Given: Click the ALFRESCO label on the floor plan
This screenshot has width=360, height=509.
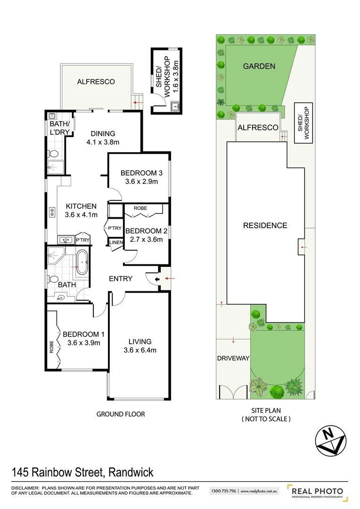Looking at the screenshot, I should click(96, 82).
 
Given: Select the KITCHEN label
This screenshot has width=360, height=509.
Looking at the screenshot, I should click(81, 206).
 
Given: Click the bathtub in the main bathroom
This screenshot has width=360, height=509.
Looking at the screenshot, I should click(82, 263).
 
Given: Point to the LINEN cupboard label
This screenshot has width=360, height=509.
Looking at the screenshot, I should click(116, 243).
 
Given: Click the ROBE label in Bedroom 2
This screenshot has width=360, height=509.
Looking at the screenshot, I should click(140, 208).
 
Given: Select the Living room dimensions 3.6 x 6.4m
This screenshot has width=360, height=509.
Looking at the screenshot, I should click(140, 350).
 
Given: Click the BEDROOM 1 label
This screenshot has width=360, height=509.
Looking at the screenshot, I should click(83, 334).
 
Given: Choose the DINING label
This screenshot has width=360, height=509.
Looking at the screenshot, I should click(103, 133).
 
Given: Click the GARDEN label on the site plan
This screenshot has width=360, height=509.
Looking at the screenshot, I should click(259, 66).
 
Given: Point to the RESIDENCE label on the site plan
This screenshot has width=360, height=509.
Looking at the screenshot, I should click(265, 225).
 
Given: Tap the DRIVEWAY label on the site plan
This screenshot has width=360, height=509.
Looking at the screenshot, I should click(233, 359).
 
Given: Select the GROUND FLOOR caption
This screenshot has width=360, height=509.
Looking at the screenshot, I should click(121, 414).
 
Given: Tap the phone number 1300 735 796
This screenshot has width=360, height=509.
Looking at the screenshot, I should click(223, 491).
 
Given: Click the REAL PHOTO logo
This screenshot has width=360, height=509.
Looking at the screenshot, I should click(316, 492).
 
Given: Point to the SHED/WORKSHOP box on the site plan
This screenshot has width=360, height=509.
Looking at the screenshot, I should click(304, 123).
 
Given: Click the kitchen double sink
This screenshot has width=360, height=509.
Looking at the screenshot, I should click(65, 239).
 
